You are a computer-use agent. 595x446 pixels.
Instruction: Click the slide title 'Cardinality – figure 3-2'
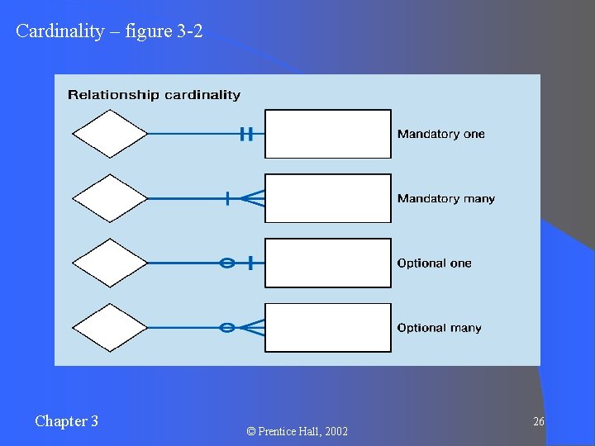[109, 32]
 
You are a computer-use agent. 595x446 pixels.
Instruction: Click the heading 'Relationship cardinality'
[154, 95]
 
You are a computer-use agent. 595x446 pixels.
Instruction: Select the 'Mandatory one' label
[441, 134]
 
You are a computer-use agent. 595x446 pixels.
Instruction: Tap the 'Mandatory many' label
[446, 198]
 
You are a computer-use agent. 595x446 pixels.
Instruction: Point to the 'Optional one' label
[435, 263]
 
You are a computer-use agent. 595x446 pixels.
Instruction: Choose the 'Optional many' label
[440, 328]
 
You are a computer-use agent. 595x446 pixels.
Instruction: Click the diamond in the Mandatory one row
[110, 133]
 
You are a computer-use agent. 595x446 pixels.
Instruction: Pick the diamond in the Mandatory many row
[110, 198]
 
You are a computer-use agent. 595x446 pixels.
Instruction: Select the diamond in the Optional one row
[110, 263]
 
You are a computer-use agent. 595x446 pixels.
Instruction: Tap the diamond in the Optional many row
[110, 328]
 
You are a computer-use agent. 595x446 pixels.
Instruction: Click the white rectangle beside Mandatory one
[328, 134]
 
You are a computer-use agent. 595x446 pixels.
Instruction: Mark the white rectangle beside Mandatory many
[328, 198]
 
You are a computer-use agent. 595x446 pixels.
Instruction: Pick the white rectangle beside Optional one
[328, 263]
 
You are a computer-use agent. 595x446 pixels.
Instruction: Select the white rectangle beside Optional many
[328, 328]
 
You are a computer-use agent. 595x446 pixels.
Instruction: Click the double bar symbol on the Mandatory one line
[245, 133]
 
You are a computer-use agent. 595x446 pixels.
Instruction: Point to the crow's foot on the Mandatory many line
[253, 198]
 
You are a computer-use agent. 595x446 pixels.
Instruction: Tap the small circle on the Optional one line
[226, 263]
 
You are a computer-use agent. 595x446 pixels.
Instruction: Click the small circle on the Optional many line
[226, 328]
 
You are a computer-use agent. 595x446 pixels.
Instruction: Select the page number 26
[539, 422]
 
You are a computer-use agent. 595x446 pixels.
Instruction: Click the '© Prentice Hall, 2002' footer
[297, 431]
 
